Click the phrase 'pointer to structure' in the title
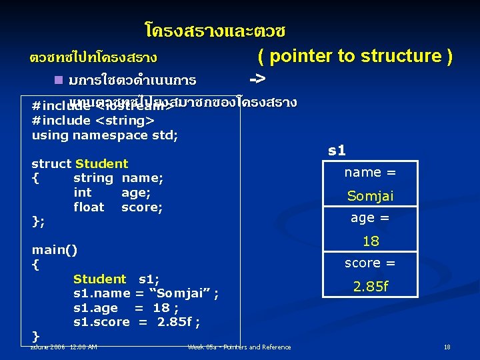coord(355,56)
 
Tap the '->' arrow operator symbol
coord(257,79)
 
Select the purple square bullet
coord(59,80)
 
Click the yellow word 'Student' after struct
coord(101,163)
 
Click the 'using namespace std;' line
coord(105,135)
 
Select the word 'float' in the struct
coord(89,207)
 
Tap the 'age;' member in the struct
coord(135,192)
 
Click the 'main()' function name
coord(55,250)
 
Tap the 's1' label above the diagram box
coord(337,150)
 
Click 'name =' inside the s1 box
coord(370,172)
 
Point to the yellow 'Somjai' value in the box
coord(370,195)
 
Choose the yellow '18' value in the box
coord(370,241)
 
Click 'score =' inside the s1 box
coord(370,263)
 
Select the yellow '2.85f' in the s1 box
coord(370,286)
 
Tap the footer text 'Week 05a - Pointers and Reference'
coord(239,347)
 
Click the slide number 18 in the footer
coord(447,347)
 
